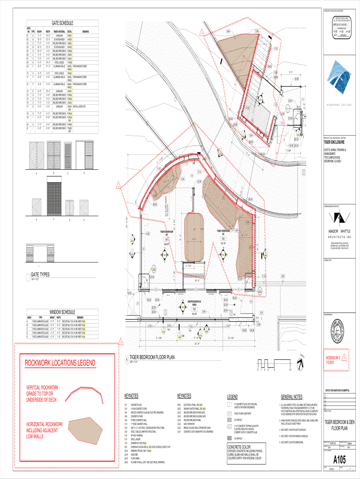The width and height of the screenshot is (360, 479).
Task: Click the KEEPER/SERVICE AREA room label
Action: pos(194,303)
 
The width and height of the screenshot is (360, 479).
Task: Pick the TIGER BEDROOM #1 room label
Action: pos(167,232)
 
